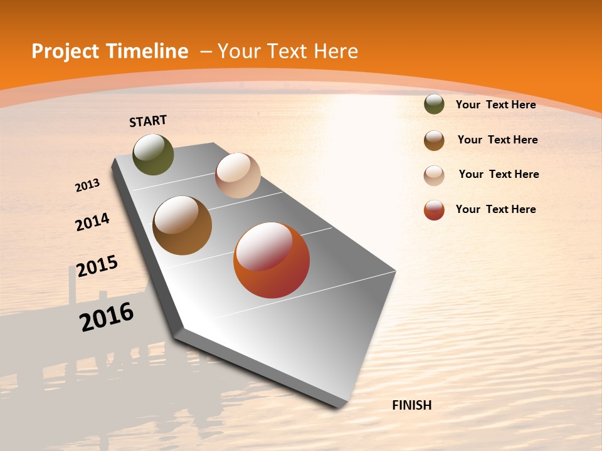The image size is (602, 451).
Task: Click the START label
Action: coord(148,121)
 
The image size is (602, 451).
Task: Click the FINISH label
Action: coord(412,405)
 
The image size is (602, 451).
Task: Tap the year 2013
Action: coord(88,185)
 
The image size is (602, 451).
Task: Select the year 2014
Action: coord(93,222)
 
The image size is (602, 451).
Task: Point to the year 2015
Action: coord(97,266)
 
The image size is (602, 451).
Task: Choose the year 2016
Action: coord(107,316)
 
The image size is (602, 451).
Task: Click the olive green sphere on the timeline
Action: coord(154,155)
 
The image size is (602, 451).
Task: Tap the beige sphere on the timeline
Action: coord(238,175)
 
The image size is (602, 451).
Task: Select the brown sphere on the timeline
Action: coord(182,225)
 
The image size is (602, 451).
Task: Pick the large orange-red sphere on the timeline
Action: coord(272,260)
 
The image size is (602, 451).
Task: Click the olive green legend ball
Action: coord(434,105)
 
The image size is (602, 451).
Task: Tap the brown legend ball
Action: coord(434,140)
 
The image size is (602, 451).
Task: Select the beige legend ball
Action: coord(434,175)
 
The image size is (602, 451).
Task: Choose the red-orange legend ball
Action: coord(434,210)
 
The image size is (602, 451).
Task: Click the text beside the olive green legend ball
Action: coord(495,105)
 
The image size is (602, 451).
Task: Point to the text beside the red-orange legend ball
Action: coord(495,209)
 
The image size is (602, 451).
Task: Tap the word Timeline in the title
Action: coord(149,51)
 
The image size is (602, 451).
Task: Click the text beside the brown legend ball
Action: coord(497,140)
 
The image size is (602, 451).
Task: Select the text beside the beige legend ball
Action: coord(499,174)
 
